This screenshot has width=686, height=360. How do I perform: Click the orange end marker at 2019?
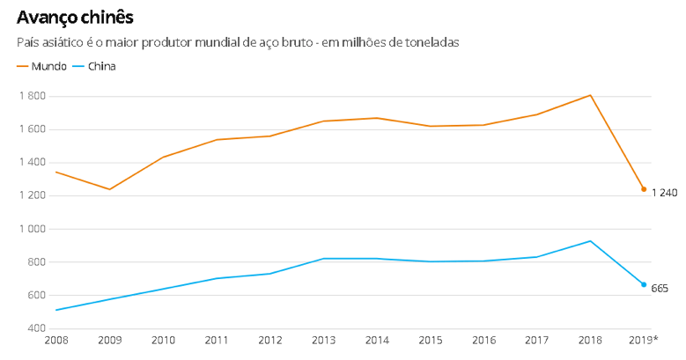[644, 189]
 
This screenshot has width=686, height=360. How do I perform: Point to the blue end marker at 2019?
[644, 284]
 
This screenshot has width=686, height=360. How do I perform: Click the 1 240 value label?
[664, 193]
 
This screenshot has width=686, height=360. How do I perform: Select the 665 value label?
[660, 289]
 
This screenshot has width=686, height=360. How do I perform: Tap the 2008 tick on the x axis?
[55, 340]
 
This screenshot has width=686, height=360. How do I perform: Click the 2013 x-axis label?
[323, 340]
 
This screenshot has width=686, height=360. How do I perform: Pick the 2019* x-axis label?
[644, 340]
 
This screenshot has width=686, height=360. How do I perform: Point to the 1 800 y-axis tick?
[33, 96]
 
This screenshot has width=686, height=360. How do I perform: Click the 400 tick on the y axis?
[38, 328]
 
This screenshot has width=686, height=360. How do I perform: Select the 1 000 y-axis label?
[33, 229]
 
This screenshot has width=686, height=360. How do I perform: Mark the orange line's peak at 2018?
[590, 95]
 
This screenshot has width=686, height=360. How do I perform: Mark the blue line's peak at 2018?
[590, 241]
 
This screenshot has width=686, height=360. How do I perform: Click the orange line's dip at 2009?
[109, 189]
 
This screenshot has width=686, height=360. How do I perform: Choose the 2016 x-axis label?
[483, 340]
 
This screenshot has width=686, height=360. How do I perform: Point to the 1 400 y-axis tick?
[33, 163]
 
